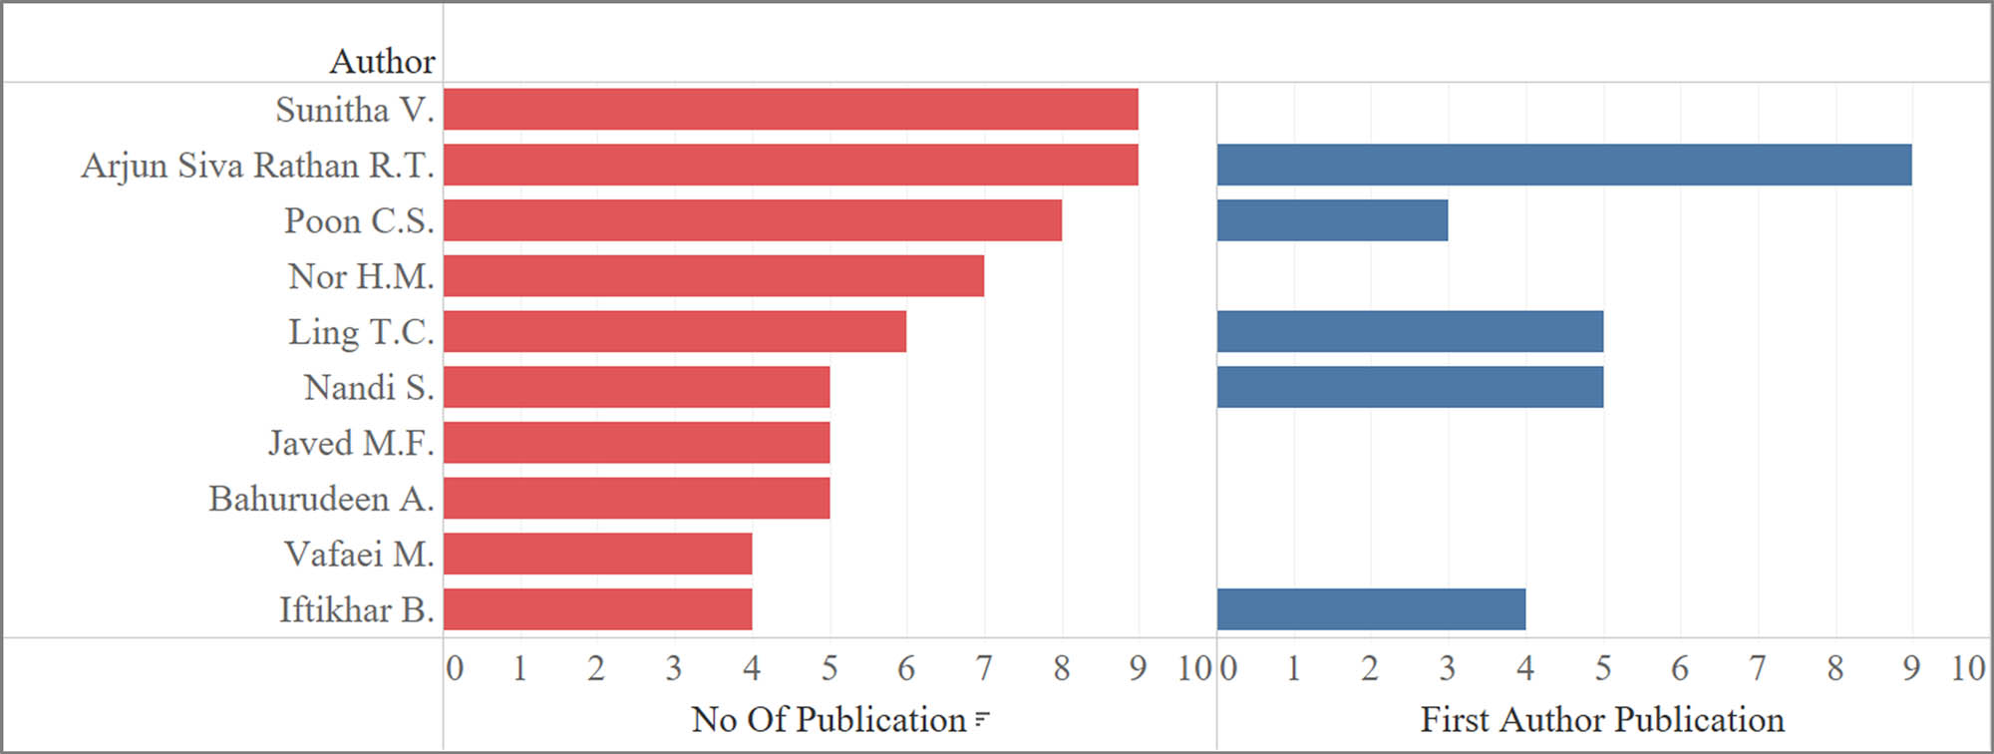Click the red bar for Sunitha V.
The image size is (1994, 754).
(791, 109)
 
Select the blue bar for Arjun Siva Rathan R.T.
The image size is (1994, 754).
(1564, 165)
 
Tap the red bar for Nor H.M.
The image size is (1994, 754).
(714, 276)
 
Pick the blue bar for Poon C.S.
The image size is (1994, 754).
(1332, 220)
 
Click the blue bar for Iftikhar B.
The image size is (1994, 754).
(1371, 609)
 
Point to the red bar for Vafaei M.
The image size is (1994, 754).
(598, 554)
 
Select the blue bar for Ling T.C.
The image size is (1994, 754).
(1410, 331)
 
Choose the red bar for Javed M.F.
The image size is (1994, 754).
(636, 443)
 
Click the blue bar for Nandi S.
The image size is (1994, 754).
(1410, 387)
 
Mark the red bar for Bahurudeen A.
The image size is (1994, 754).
(636, 499)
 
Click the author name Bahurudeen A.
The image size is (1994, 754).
(321, 499)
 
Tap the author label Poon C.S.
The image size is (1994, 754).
(359, 220)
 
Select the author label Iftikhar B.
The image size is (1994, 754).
(356, 609)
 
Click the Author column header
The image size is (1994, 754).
(382, 62)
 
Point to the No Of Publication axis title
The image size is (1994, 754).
(829, 719)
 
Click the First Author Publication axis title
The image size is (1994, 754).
(1602, 719)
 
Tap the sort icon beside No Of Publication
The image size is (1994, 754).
(982, 719)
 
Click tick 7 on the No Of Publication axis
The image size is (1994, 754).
(984, 668)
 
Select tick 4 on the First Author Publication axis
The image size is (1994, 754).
(1525, 668)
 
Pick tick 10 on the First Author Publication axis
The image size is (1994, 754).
(1968, 668)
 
